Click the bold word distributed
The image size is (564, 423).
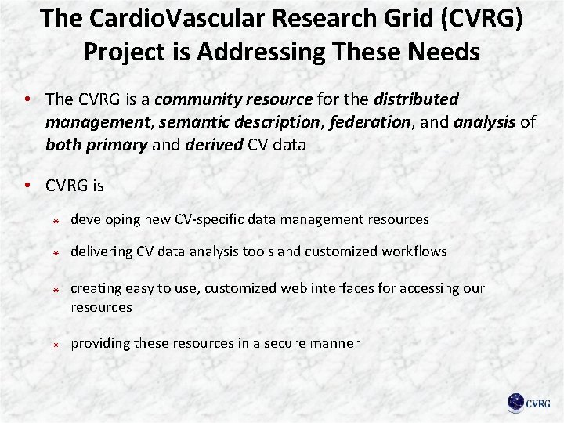pyautogui.click(x=416, y=100)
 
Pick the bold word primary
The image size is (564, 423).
pyautogui.click(x=120, y=145)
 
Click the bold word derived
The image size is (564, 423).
pyautogui.click(x=214, y=145)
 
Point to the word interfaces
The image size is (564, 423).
pyautogui.click(x=342, y=288)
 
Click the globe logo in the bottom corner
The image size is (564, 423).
pyautogui.click(x=516, y=403)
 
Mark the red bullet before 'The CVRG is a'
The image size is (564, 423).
pyautogui.click(x=27, y=99)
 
